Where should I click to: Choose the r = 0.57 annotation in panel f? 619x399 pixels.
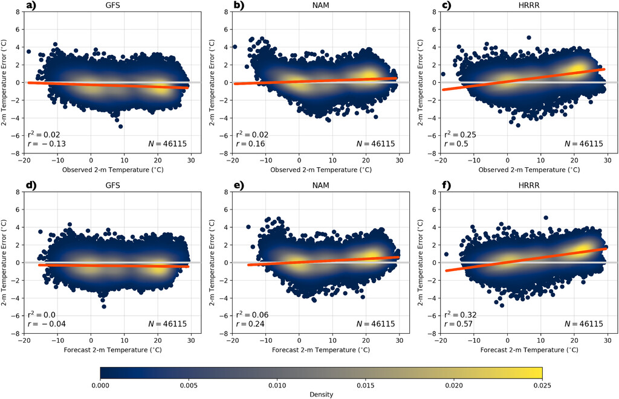click(458, 324)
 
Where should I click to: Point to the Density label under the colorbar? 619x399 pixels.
click(321, 394)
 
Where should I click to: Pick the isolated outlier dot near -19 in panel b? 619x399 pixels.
click(235, 46)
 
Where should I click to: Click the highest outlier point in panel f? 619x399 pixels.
click(546, 217)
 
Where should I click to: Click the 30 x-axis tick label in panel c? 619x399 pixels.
click(607, 162)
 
